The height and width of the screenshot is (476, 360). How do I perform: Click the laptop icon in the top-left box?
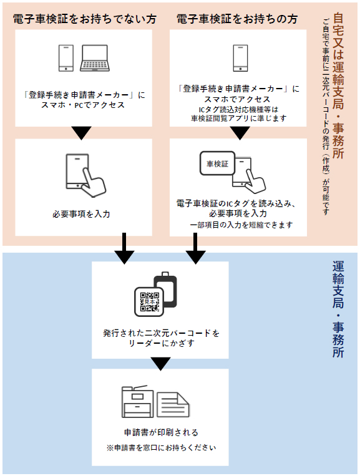[x=95, y=58]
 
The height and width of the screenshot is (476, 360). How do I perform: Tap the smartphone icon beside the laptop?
[x=66, y=58]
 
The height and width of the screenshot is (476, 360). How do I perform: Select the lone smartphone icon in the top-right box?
[x=240, y=58]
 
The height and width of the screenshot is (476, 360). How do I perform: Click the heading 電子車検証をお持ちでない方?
[x=84, y=19]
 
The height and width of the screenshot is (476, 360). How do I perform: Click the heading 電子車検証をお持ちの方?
[x=236, y=19]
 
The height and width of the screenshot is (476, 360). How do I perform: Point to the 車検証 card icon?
[x=217, y=163]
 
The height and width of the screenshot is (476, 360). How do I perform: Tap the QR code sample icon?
[x=149, y=302]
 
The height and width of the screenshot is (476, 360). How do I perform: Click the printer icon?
[x=137, y=402]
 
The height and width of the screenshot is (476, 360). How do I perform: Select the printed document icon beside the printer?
[x=173, y=405]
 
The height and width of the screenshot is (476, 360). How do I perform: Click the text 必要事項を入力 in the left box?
[x=81, y=214]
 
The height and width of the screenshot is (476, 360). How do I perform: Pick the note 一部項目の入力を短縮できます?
[x=241, y=225]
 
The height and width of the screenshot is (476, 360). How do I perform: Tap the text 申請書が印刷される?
[x=161, y=432]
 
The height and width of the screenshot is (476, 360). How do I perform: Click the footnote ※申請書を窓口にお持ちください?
[x=161, y=447]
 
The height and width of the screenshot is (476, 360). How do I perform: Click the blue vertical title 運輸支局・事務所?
[x=338, y=309]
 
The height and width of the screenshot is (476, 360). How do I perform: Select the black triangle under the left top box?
[x=81, y=133]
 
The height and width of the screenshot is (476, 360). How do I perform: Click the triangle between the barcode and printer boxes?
[x=160, y=364]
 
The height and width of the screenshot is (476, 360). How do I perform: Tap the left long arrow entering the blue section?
[x=124, y=248]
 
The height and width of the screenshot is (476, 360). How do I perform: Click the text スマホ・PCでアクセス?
[x=83, y=105]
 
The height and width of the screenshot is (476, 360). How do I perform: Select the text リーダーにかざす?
[x=161, y=343]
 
